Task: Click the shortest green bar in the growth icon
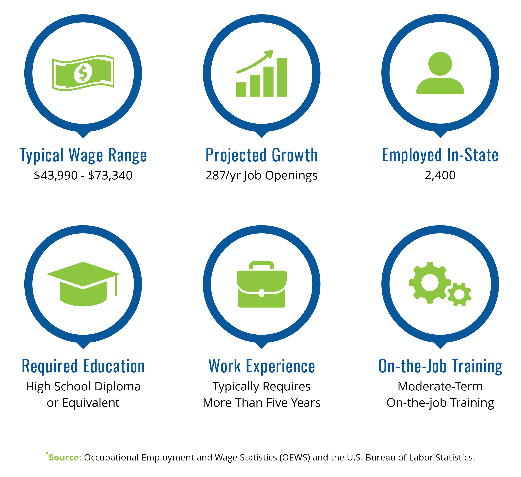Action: [241, 90]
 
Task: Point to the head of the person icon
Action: [440, 64]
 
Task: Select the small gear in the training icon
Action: [459, 294]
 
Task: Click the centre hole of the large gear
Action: [430, 283]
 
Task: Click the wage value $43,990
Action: [56, 176]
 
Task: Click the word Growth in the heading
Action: [295, 155]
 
